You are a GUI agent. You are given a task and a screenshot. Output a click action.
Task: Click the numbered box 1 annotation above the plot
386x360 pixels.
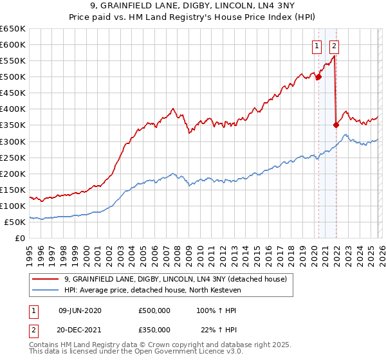318,46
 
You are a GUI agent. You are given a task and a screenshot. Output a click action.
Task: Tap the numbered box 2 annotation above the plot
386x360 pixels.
335,46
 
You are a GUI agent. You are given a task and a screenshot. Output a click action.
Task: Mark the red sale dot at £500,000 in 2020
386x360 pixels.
318,77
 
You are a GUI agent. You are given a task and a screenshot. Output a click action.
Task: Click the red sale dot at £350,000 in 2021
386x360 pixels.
336,125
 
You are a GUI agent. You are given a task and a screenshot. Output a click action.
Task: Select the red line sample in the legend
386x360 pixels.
46,279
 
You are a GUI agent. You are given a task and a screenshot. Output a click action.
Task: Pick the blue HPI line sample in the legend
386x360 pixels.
46,289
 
